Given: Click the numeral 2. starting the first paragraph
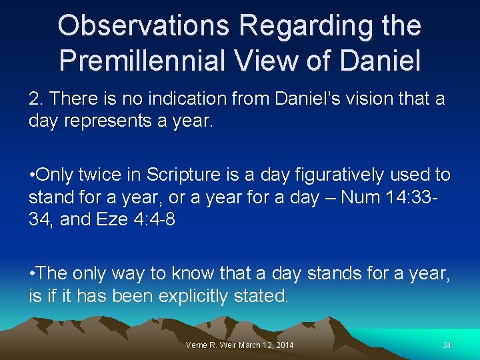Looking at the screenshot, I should coord(36,99).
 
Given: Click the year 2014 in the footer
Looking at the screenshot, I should coord(283,345).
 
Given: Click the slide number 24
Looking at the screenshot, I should coord(447,345).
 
